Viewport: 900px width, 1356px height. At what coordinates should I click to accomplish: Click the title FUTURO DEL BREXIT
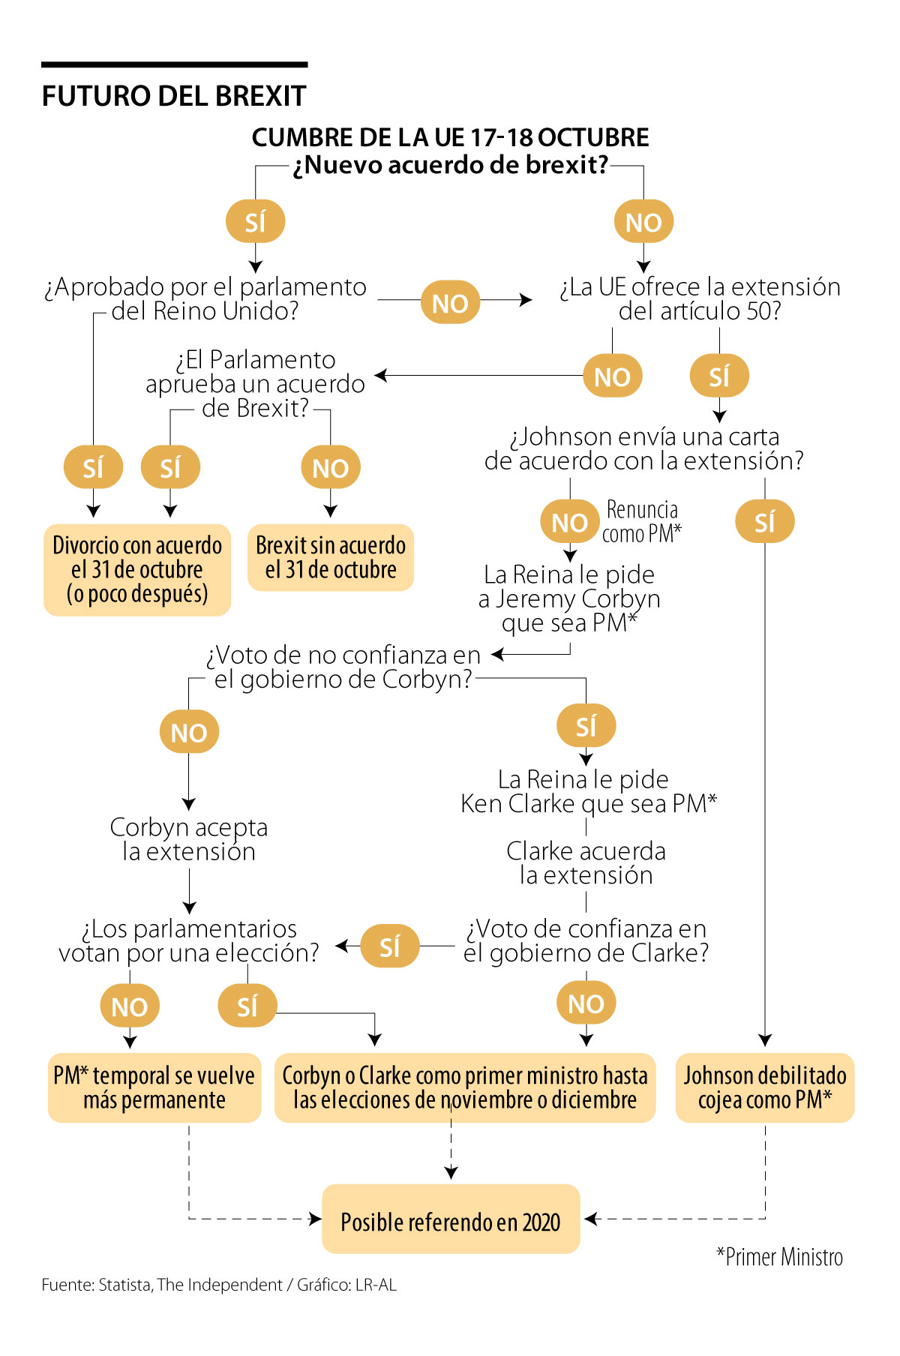[x=174, y=96]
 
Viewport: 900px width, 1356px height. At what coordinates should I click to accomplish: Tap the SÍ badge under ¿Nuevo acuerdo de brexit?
[x=255, y=222]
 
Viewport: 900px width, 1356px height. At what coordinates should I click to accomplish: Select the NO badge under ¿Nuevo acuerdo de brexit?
[x=643, y=222]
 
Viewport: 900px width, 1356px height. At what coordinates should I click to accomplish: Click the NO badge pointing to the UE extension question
[x=450, y=302]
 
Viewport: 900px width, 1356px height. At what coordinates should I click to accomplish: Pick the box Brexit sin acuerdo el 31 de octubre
[x=331, y=557]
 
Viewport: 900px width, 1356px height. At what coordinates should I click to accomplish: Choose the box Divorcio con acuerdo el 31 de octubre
[x=137, y=569]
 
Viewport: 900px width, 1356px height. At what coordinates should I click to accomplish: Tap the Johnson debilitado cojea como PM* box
[x=765, y=1087]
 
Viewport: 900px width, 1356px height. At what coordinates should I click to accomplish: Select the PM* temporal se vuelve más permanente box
[x=154, y=1087]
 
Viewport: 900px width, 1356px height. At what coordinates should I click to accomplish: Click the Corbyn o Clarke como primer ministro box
[x=465, y=1087]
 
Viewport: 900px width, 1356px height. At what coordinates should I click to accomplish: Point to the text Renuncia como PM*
[x=642, y=521]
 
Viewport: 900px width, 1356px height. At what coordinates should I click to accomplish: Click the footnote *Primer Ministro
[x=779, y=1257]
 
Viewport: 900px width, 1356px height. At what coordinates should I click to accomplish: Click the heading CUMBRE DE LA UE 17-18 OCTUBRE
[x=450, y=137]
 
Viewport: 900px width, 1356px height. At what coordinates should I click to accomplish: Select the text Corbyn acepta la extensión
[x=189, y=839]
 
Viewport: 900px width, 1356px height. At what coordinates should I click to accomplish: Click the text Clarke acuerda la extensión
[x=586, y=862]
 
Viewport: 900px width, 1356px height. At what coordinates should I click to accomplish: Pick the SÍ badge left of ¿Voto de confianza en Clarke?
[x=390, y=946]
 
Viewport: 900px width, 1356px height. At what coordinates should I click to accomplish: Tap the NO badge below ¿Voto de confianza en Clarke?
[x=586, y=1003]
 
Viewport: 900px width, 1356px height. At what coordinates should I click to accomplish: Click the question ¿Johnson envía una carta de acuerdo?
[x=643, y=448]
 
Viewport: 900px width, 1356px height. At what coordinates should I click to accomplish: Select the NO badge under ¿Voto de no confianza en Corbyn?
[x=189, y=732]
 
